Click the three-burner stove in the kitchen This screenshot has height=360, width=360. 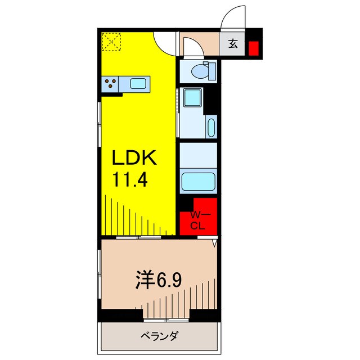coord(111,84)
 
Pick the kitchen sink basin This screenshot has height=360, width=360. coord(138,84)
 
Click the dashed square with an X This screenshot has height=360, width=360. coord(111,42)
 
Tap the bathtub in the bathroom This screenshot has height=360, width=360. coord(198,182)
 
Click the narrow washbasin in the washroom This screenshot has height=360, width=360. coord(211,127)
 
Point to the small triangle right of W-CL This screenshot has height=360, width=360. coord(215,244)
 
